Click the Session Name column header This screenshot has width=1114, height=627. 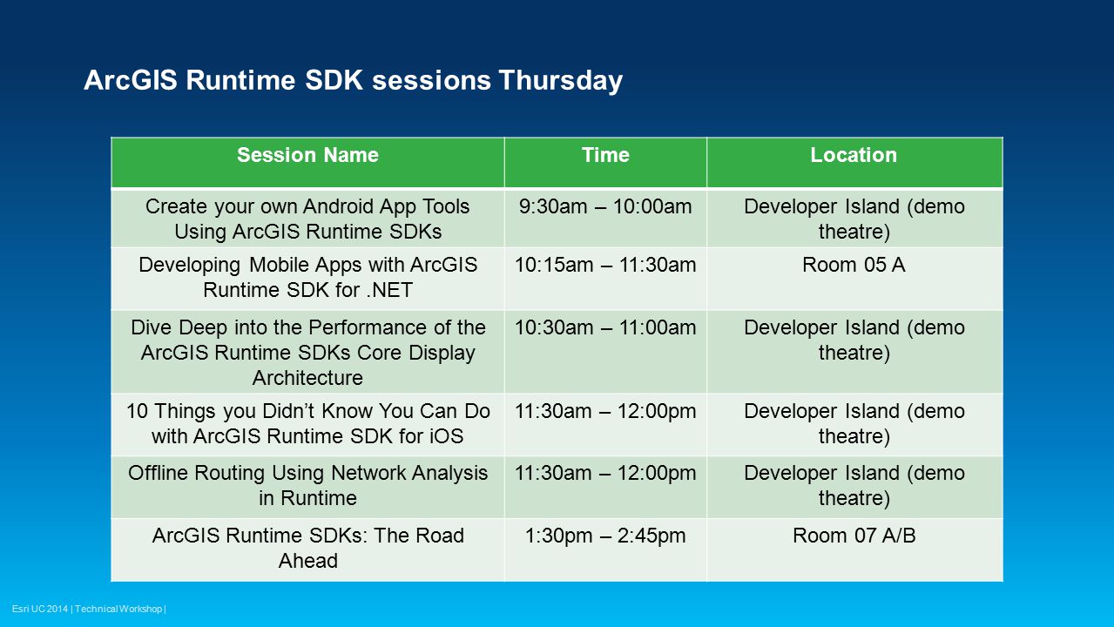(x=307, y=155)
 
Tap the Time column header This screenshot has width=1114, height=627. (x=605, y=155)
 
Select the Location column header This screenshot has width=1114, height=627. (x=854, y=155)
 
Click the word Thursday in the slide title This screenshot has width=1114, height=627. (x=560, y=80)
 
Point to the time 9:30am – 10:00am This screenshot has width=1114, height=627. (x=605, y=206)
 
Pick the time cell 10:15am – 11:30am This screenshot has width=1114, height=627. (x=605, y=265)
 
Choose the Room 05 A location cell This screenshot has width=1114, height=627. (x=854, y=265)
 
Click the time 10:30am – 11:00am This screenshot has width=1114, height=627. (x=605, y=327)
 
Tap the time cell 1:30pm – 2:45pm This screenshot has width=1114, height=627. (x=605, y=536)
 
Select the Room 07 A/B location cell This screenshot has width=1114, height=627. (x=854, y=536)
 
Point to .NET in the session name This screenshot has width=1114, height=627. (x=389, y=290)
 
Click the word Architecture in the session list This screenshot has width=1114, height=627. (x=307, y=378)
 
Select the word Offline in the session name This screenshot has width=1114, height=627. (x=159, y=473)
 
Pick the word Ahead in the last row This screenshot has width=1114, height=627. (x=307, y=561)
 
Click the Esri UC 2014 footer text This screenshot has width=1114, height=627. (x=40, y=609)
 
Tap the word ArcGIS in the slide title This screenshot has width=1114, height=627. (x=131, y=79)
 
